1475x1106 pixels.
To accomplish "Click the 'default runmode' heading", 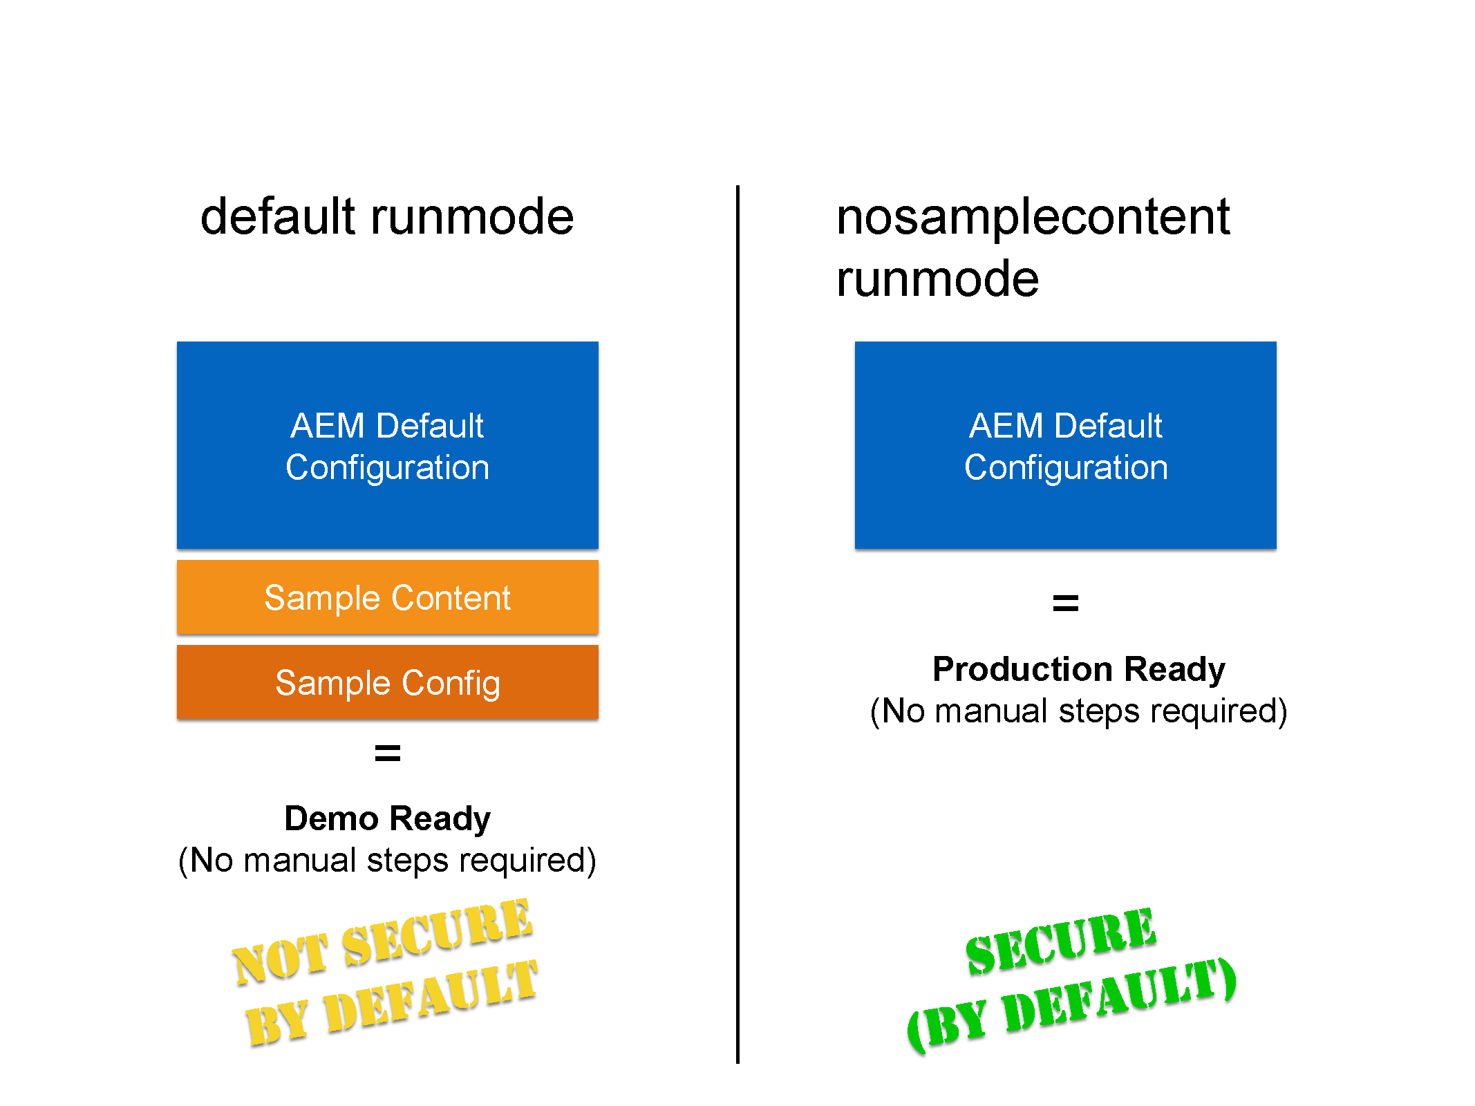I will (x=387, y=216).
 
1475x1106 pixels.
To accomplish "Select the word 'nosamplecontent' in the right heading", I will (x=1033, y=216).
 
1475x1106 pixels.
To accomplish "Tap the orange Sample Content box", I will (x=387, y=597).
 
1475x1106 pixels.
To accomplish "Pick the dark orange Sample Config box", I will (x=387, y=682).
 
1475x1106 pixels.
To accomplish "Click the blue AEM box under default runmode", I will (x=387, y=445).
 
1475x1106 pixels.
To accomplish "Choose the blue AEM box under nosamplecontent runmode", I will (x=1065, y=445).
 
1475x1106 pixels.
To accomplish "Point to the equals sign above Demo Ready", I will (x=387, y=753).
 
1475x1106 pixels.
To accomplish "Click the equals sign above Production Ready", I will (x=1065, y=603).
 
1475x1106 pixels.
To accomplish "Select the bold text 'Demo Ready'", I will (x=387, y=818).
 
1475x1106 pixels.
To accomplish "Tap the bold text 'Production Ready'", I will (x=1078, y=669).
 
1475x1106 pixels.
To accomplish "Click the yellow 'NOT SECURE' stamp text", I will (x=382, y=941).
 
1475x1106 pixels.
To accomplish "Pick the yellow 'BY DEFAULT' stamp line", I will (x=392, y=1002).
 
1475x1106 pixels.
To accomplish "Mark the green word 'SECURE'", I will (x=1061, y=941).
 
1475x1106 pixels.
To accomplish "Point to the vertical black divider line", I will (x=737, y=622).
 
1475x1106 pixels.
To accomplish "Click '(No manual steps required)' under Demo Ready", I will (x=387, y=861).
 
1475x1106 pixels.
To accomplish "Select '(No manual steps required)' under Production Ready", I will (x=1078, y=711).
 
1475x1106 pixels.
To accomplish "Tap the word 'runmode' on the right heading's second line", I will (x=937, y=279).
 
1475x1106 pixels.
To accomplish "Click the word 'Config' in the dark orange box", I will (x=451, y=683).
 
